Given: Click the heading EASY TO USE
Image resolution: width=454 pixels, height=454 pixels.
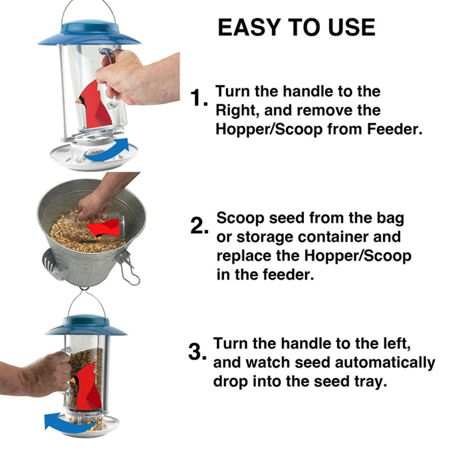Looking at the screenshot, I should click(296, 27).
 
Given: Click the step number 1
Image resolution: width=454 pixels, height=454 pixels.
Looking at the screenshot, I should click(199, 97).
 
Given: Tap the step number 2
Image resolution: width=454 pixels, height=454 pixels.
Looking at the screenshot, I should click(199, 226).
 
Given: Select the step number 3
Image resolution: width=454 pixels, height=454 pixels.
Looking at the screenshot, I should click(197, 352).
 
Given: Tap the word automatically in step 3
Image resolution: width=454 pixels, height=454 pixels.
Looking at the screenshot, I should click(383, 363).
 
